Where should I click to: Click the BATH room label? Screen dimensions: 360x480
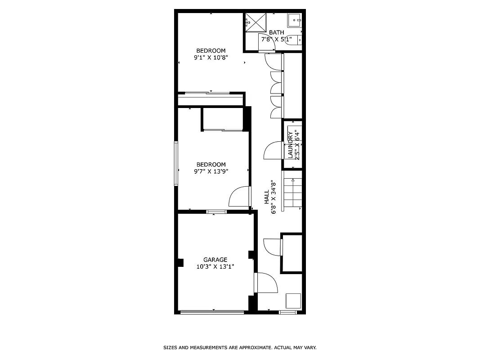pyautogui.click(x=276, y=32)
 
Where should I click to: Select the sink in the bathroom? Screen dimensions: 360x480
pyautogui.click(x=294, y=20)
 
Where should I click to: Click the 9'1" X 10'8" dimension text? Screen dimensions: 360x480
pyautogui.click(x=211, y=58)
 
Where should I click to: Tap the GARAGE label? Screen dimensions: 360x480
pyautogui.click(x=215, y=260)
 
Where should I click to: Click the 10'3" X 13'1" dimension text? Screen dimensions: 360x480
pyautogui.click(x=215, y=266)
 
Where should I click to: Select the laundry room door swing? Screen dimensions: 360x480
pyautogui.click(x=273, y=151)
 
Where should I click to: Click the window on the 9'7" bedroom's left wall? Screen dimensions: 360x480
pyautogui.click(x=176, y=163)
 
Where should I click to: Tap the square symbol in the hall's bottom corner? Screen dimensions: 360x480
pyautogui.click(x=294, y=300)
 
